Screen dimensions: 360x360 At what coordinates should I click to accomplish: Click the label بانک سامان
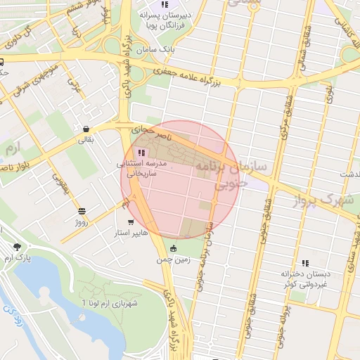pyautogui.click(x=177, y=50)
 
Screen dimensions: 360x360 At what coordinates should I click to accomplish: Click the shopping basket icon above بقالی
pyautogui.click(x=86, y=129)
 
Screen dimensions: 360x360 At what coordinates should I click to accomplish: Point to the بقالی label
pyautogui.click(x=84, y=141)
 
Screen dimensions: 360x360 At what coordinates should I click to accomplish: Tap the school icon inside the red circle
pyautogui.click(x=142, y=153)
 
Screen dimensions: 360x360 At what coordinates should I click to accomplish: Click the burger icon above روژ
pyautogui.click(x=82, y=211)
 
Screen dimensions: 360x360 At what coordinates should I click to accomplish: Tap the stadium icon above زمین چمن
pyautogui.click(x=174, y=247)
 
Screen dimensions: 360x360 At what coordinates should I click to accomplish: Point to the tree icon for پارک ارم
pyautogui.click(x=17, y=247)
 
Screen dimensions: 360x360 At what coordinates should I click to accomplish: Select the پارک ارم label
pyautogui.click(x=18, y=258)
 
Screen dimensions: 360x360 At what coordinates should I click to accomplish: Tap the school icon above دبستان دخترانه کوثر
pyautogui.click(x=305, y=262)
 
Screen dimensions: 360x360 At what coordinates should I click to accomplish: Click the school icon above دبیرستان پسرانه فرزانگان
pyautogui.click(x=165, y=4)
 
